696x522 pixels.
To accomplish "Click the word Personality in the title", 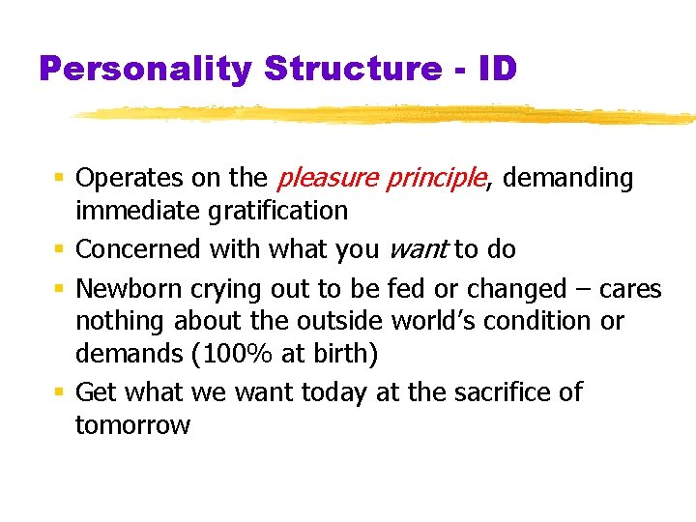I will pos(145,69).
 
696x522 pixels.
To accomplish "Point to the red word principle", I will pos(437,179).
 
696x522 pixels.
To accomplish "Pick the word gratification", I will pos(275,211).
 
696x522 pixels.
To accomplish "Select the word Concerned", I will pos(131,249).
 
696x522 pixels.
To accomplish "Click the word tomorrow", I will pos(132,425).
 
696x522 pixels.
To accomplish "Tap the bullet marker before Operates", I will pos(59,179).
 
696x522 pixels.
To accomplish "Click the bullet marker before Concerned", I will pos(59,250).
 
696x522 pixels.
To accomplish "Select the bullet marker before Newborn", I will pos(59,290).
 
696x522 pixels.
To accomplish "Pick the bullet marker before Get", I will pos(59,393).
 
